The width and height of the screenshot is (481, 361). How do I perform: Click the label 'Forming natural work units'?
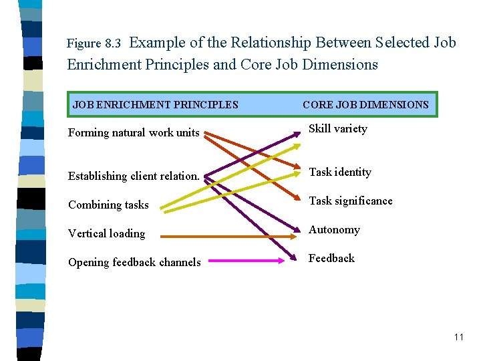click(134, 132)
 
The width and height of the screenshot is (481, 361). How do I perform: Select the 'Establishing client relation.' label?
click(134, 176)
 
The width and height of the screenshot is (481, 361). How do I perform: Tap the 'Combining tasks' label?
click(108, 205)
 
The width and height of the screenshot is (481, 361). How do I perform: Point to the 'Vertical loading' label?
click(106, 233)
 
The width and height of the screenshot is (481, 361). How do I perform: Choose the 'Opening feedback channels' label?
click(134, 262)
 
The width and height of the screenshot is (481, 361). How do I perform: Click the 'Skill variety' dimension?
click(337, 129)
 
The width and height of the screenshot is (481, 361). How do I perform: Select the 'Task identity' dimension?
click(339, 172)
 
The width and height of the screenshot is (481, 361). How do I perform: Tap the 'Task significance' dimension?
click(350, 201)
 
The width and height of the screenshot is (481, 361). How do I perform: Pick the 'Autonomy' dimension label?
click(334, 229)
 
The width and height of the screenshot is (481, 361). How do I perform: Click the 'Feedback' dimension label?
click(331, 258)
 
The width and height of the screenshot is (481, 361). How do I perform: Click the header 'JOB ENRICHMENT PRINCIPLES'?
click(155, 104)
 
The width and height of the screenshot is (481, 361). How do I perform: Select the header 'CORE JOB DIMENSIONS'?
click(365, 104)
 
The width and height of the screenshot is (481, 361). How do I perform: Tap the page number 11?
click(458, 337)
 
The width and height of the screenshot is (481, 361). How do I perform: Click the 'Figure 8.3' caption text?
click(94, 44)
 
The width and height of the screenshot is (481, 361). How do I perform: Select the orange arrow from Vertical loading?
click(227, 236)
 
